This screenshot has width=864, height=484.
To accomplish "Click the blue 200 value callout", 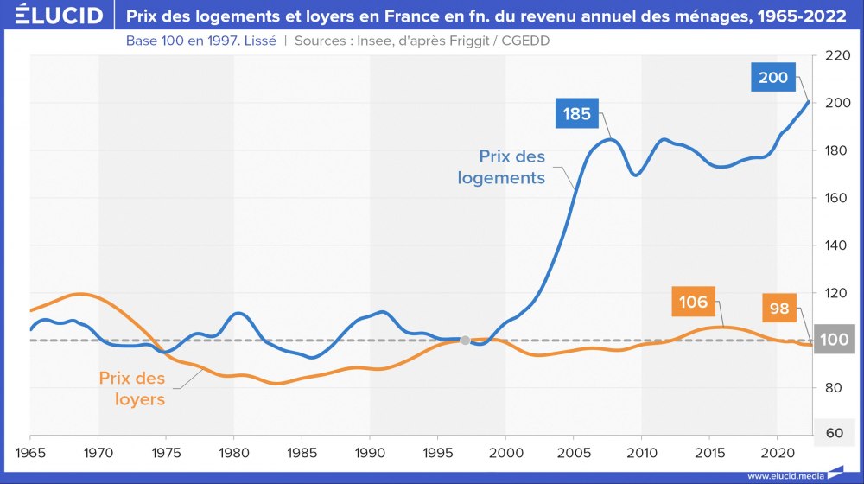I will [773, 78].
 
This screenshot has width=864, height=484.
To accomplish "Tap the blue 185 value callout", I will [576, 113].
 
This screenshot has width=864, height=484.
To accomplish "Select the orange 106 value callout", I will [693, 302].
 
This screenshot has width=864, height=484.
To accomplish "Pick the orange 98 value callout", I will [779, 308].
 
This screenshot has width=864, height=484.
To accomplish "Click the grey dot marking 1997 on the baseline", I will [465, 341].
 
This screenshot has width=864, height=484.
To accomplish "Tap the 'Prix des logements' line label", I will [512, 168].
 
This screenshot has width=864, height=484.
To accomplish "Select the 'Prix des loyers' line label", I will [132, 388].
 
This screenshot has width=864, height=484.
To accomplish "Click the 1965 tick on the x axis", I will [30, 451].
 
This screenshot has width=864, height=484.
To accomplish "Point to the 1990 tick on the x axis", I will [370, 451].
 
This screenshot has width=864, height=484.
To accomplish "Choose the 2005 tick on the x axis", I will [574, 451].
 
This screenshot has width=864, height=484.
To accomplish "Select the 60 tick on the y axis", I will [835, 434].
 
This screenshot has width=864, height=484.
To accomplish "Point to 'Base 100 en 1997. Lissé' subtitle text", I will [201, 41].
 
